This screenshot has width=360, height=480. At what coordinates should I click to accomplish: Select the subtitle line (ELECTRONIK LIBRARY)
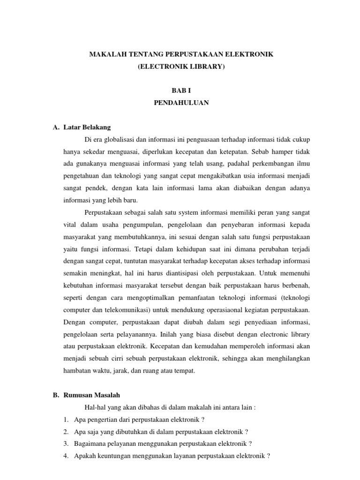tap(181, 67)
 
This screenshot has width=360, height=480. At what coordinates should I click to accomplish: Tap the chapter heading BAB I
tap(181, 91)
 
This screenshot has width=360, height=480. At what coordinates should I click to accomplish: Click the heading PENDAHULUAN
tap(181, 104)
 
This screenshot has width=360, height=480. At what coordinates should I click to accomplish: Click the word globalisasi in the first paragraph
tap(122, 140)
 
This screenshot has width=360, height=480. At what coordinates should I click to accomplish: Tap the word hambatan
tap(77, 371)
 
